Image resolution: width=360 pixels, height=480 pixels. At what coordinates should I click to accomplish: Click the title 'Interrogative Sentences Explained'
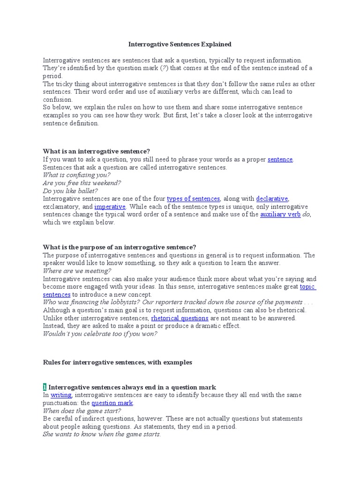pos(180,45)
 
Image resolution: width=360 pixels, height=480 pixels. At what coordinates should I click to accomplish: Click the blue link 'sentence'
pos(280,159)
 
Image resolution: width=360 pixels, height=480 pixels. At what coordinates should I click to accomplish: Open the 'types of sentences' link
pos(193,199)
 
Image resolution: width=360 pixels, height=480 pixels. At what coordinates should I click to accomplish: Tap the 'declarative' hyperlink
pos(272,199)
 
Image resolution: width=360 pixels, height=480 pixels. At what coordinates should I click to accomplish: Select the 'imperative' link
pos(110,207)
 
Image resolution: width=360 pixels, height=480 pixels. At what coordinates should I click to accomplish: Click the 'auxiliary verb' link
pos(280,215)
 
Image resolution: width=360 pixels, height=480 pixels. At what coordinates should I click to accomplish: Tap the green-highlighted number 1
pos(45,387)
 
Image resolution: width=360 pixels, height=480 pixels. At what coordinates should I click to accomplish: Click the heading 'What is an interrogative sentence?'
pos(97,151)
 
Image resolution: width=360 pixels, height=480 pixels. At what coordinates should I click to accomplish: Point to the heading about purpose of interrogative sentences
pos(120,247)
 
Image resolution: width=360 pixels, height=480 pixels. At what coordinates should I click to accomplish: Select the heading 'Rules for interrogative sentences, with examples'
pos(117,362)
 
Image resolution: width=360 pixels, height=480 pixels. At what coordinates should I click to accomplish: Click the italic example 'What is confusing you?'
pos(77,175)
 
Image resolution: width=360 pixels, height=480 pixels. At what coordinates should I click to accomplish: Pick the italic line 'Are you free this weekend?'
pos(82,183)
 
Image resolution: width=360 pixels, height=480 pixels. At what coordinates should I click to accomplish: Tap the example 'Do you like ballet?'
pos(70,191)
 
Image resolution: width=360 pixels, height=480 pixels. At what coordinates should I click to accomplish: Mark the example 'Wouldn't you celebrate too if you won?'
pos(100,334)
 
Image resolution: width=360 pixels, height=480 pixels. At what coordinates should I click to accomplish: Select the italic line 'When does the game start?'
pos(82,411)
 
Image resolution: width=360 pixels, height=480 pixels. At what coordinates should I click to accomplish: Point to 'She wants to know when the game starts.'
pos(102,435)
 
